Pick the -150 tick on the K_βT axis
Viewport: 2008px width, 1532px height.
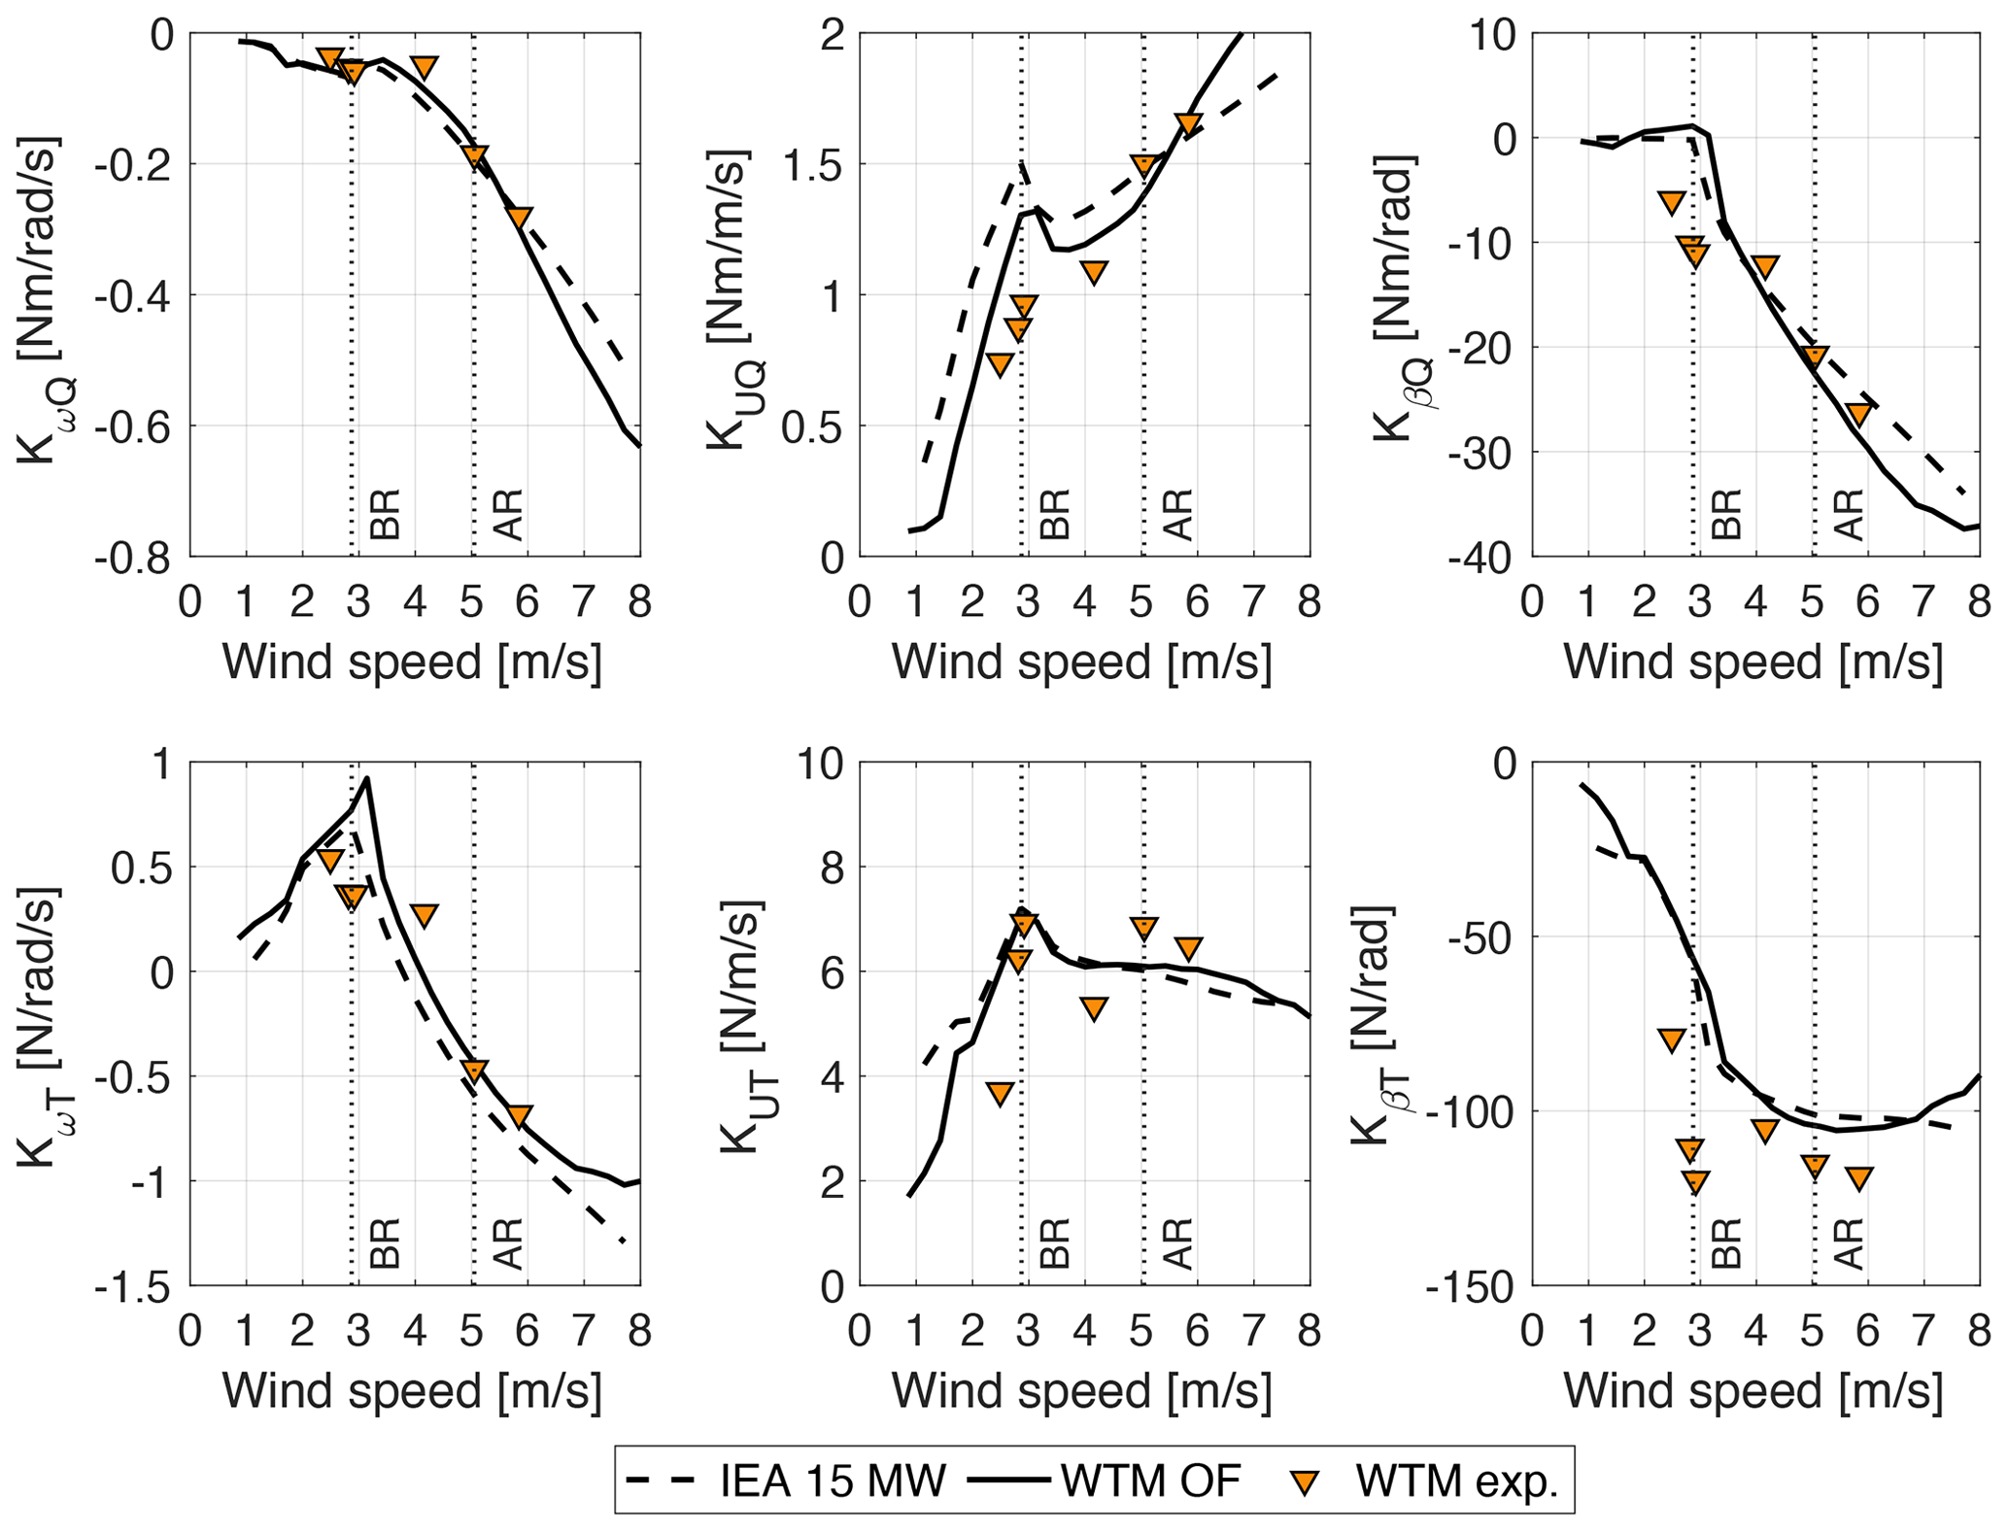click(x=1470, y=1286)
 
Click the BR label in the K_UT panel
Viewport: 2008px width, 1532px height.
click(x=1054, y=1243)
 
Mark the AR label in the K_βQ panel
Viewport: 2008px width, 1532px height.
click(x=1849, y=515)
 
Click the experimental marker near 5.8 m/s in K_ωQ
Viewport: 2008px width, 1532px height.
click(x=519, y=218)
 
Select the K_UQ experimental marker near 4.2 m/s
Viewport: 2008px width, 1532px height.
click(x=1094, y=272)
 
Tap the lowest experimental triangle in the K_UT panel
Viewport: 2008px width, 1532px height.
click(x=1000, y=1094)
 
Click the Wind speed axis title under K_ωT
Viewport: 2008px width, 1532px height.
click(x=412, y=1391)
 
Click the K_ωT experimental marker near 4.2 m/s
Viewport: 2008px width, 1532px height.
click(x=424, y=914)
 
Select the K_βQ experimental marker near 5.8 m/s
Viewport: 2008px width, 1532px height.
click(x=1858, y=414)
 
